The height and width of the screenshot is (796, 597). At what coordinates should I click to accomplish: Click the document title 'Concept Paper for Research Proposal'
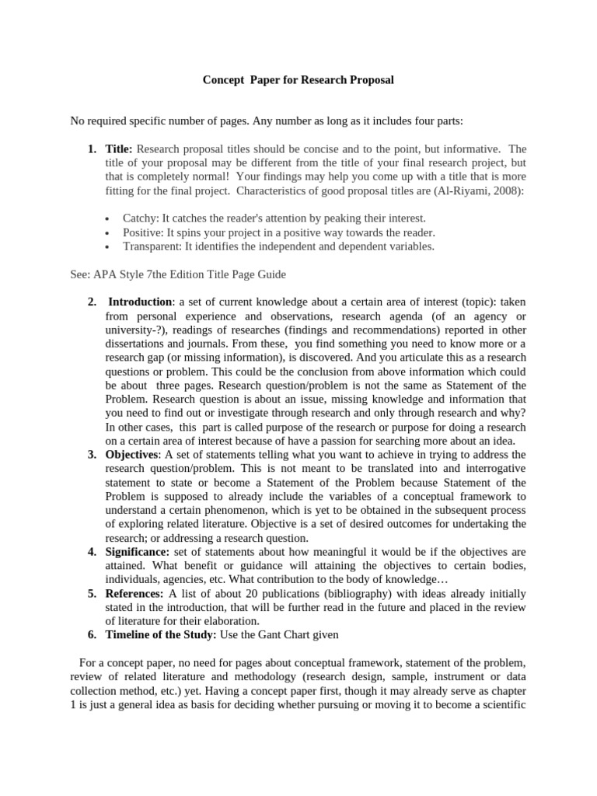tap(298, 80)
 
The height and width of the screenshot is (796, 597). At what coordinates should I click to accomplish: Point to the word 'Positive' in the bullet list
tap(144, 232)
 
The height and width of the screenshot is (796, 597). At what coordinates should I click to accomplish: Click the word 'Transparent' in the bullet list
tap(153, 246)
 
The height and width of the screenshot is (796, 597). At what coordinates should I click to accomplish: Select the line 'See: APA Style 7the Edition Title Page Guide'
tap(178, 274)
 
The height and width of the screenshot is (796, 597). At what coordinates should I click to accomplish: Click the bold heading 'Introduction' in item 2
tap(140, 302)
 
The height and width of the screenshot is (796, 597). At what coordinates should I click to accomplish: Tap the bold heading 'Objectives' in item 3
tap(133, 454)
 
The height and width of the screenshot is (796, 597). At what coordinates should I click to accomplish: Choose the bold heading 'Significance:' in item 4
tap(138, 551)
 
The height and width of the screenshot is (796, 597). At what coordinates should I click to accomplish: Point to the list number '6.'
tap(92, 635)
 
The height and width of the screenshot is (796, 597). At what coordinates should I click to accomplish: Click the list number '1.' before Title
tap(92, 148)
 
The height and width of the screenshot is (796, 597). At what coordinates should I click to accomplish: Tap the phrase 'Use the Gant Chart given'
tap(280, 635)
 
